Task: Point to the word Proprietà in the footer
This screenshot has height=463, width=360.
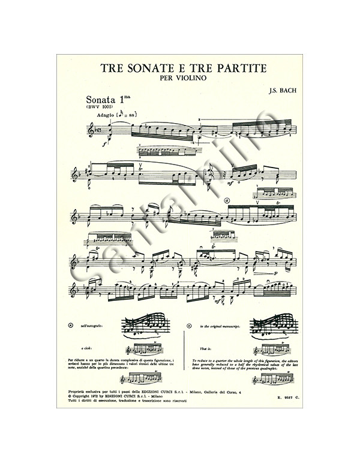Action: click(79, 392)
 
